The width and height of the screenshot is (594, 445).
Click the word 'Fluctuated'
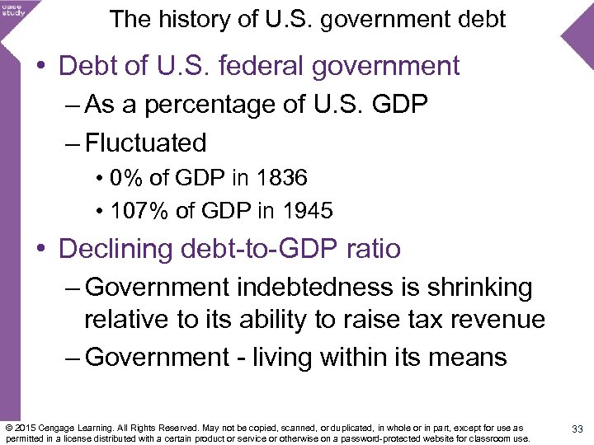coord(145,143)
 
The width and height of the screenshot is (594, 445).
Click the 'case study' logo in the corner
coord(14,9)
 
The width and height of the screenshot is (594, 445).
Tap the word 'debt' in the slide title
coord(478,19)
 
